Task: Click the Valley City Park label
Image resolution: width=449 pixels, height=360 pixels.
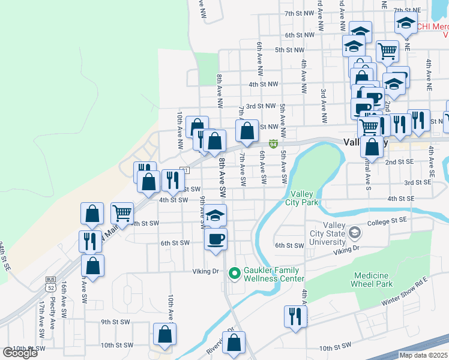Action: (304, 198)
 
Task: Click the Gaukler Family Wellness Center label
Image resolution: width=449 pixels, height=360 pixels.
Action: (273, 274)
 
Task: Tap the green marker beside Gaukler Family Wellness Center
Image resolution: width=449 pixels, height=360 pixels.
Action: (234, 274)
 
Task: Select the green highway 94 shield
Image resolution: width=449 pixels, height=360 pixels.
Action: (273, 144)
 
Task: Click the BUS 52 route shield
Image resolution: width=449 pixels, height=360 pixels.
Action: (50, 284)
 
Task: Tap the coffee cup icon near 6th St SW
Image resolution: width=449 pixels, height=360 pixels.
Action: (215, 238)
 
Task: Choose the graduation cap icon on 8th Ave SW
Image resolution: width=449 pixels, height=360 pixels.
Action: (215, 215)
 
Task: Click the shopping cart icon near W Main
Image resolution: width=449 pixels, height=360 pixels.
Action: (122, 212)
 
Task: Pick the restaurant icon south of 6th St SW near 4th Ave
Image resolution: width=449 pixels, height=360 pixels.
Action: (295, 316)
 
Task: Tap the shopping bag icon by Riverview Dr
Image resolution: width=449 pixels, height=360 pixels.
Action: (235, 343)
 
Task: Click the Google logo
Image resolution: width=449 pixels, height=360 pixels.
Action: (20, 353)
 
